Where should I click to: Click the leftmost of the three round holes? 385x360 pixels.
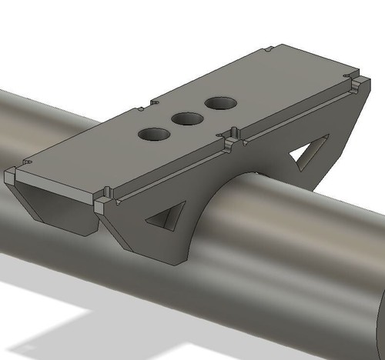[154, 135]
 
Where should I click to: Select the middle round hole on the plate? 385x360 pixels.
[186, 118]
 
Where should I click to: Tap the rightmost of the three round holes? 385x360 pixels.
[220, 102]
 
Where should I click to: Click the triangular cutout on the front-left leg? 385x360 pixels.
[167, 217]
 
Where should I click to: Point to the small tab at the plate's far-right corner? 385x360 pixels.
[358, 81]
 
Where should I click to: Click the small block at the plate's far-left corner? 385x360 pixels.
[9, 176]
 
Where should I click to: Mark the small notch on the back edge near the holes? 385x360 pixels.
[152, 100]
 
